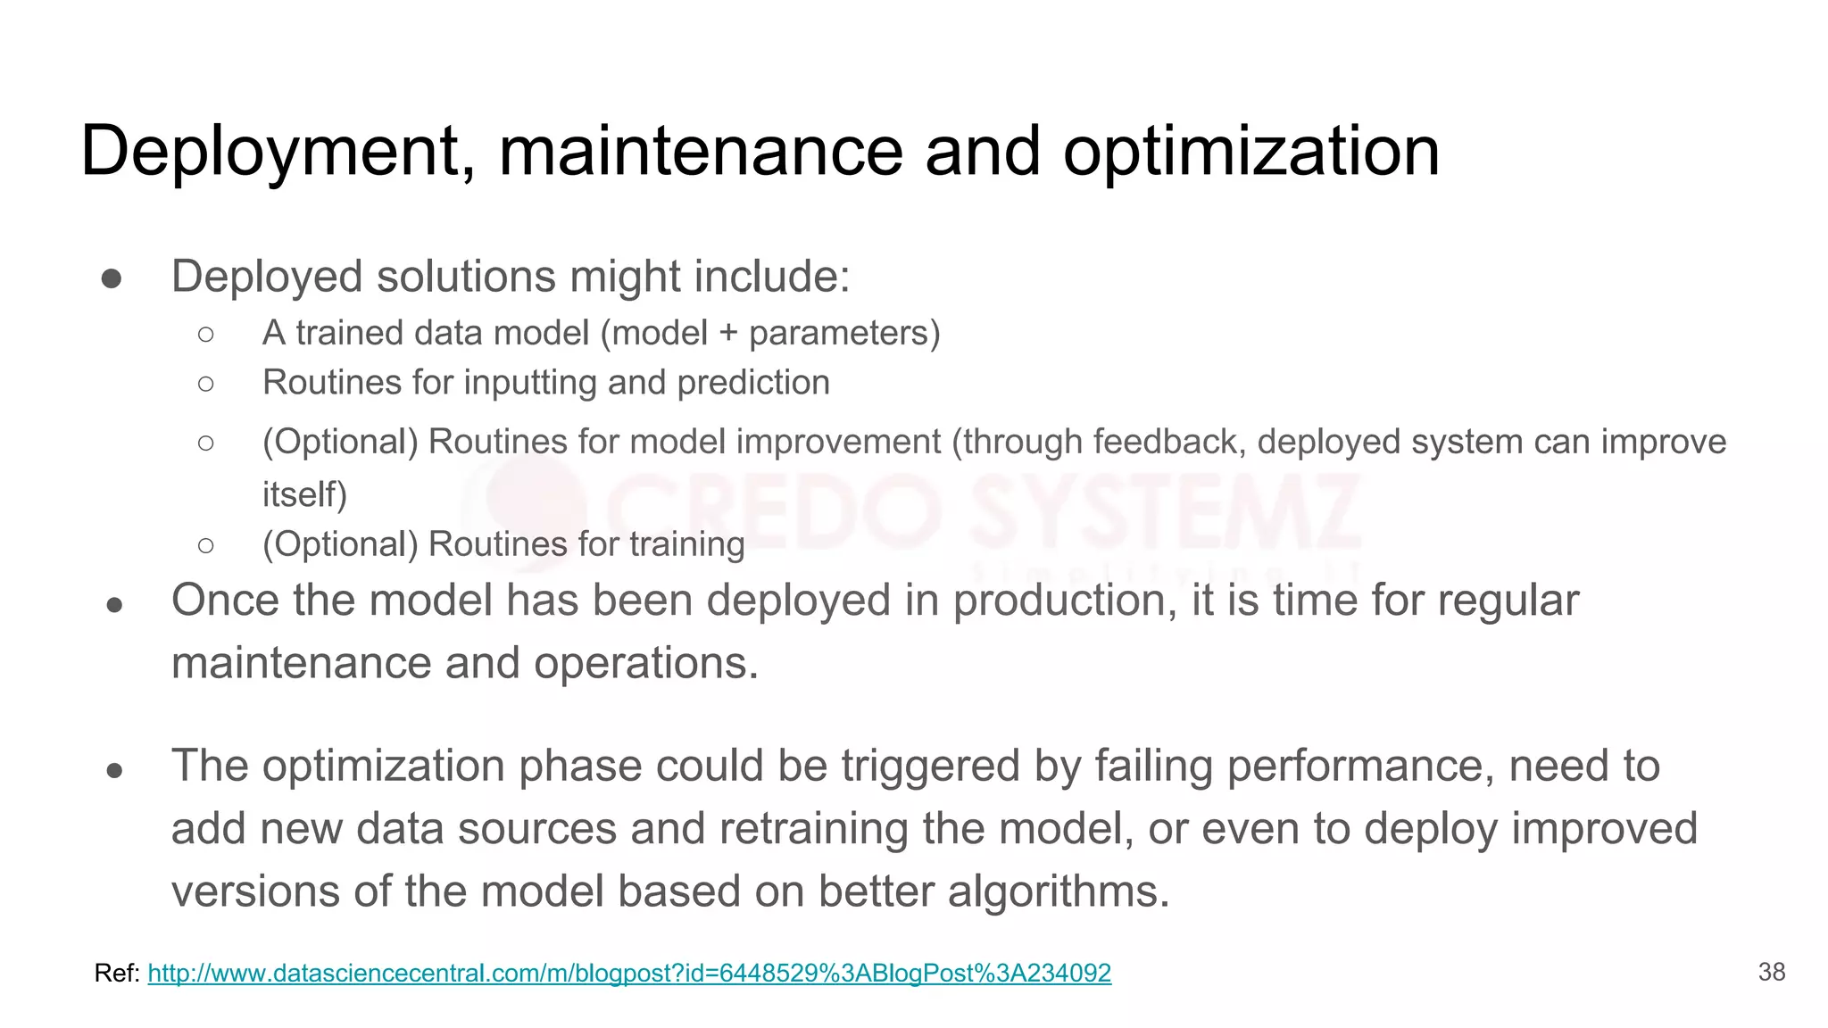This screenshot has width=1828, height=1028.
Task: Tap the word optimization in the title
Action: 1251,152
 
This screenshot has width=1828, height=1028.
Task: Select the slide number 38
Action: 1771,972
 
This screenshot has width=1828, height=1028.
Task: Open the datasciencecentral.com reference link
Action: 629,973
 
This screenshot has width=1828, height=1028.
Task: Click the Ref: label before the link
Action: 117,973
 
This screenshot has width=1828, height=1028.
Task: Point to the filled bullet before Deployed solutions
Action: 112,278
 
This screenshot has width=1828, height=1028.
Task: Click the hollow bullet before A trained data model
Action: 206,334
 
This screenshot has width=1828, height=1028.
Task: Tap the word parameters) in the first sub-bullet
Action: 844,334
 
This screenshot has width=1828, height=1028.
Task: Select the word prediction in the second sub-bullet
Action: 753,383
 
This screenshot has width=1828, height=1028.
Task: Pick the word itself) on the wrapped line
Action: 304,493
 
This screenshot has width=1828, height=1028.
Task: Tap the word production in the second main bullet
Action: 1064,601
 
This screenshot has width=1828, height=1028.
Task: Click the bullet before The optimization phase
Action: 113,769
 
